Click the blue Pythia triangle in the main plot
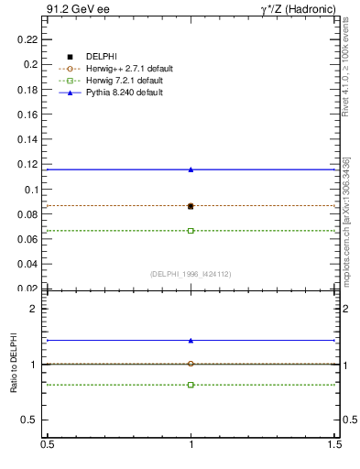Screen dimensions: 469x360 [191, 169]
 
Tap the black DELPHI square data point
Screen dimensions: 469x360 [191, 206]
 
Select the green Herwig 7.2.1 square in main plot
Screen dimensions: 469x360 [191, 231]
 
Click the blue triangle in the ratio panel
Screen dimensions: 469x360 [191, 341]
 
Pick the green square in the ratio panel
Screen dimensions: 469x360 [191, 385]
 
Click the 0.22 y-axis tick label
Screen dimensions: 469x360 [29, 40]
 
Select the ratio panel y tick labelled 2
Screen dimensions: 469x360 [35, 309]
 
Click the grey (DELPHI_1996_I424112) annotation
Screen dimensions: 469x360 [190, 273]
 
